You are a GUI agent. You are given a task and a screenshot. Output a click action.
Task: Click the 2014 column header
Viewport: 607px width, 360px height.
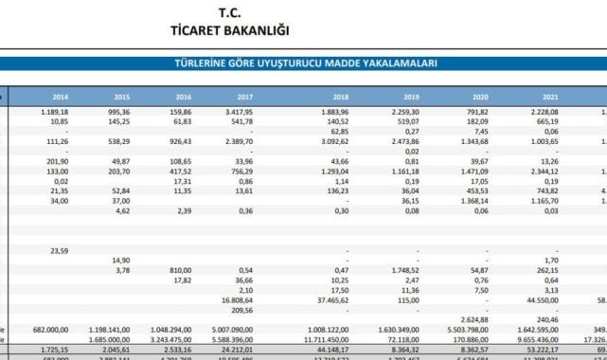click(60, 97)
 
